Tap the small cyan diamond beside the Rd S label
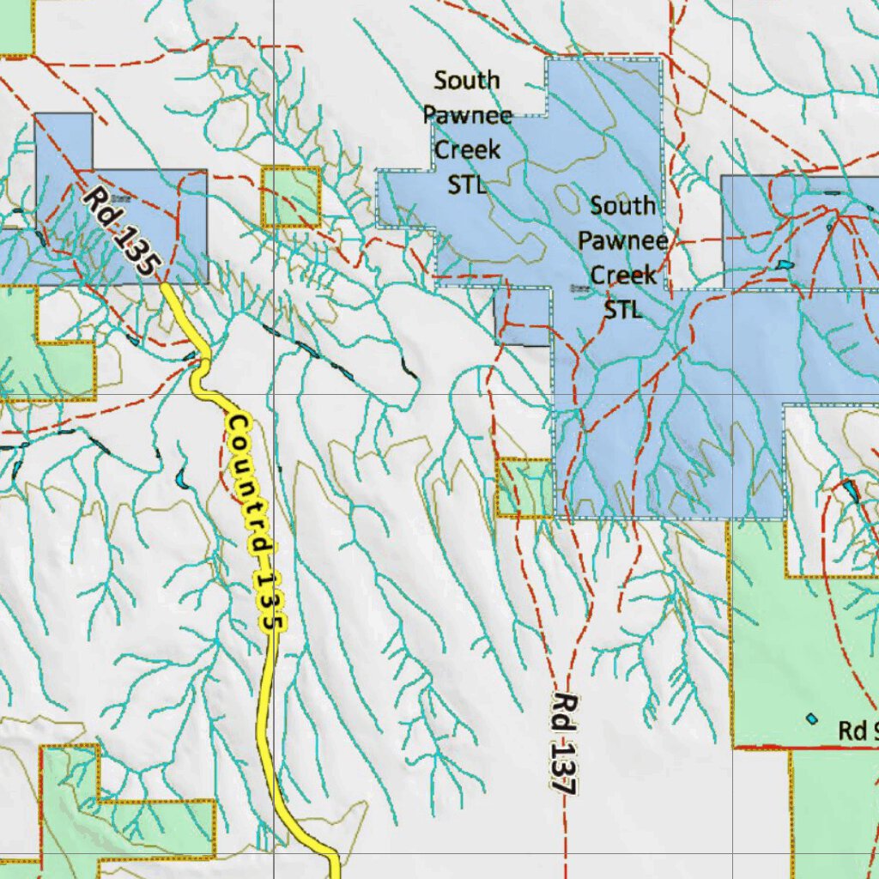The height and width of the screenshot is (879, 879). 811,718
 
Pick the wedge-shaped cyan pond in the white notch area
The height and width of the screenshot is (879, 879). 850,491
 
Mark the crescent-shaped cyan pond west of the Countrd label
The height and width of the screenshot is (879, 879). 181,477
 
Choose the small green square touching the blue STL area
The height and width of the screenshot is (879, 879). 524,487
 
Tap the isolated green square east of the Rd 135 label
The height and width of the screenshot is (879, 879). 290,197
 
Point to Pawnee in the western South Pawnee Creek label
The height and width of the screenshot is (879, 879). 468,116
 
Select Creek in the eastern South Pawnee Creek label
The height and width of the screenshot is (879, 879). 624,275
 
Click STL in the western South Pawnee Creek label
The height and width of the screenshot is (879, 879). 467,184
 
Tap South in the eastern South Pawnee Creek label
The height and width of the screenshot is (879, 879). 623,206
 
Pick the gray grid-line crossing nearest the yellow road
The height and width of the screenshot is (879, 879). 274,394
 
